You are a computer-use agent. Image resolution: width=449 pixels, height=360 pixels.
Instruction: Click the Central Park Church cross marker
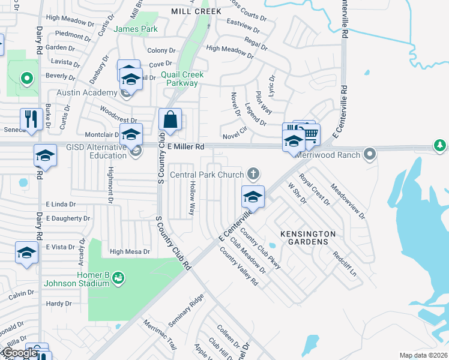click(x=253, y=174)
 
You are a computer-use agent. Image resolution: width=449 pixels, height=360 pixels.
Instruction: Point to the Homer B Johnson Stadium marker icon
click(x=118, y=277)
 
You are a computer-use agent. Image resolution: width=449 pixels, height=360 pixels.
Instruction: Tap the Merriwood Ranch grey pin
click(x=370, y=154)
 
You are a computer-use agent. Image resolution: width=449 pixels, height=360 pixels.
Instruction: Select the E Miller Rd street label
click(x=186, y=146)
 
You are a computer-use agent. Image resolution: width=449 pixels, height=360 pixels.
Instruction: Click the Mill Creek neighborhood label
click(x=196, y=11)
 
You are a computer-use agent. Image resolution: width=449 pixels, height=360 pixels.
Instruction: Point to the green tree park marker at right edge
click(x=440, y=145)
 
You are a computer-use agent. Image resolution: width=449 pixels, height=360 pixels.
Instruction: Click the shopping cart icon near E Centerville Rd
click(x=310, y=134)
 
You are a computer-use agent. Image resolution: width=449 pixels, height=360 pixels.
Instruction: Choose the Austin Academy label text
click(x=86, y=93)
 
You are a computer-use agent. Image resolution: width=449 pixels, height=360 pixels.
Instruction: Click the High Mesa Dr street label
click(x=130, y=251)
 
